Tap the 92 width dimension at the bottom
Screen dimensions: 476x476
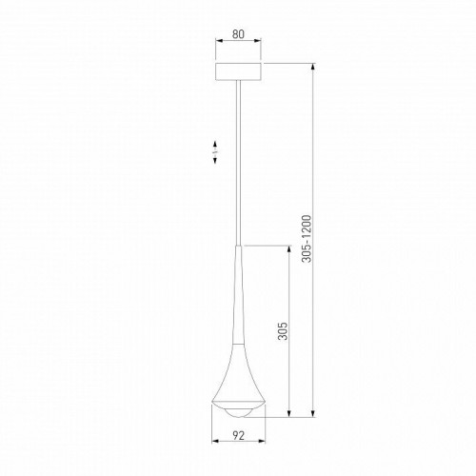237,437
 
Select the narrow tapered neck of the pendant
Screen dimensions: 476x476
238,286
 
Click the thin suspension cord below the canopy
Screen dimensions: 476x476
238,162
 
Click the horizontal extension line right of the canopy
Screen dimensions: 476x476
290,62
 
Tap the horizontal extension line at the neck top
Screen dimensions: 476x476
267,244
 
